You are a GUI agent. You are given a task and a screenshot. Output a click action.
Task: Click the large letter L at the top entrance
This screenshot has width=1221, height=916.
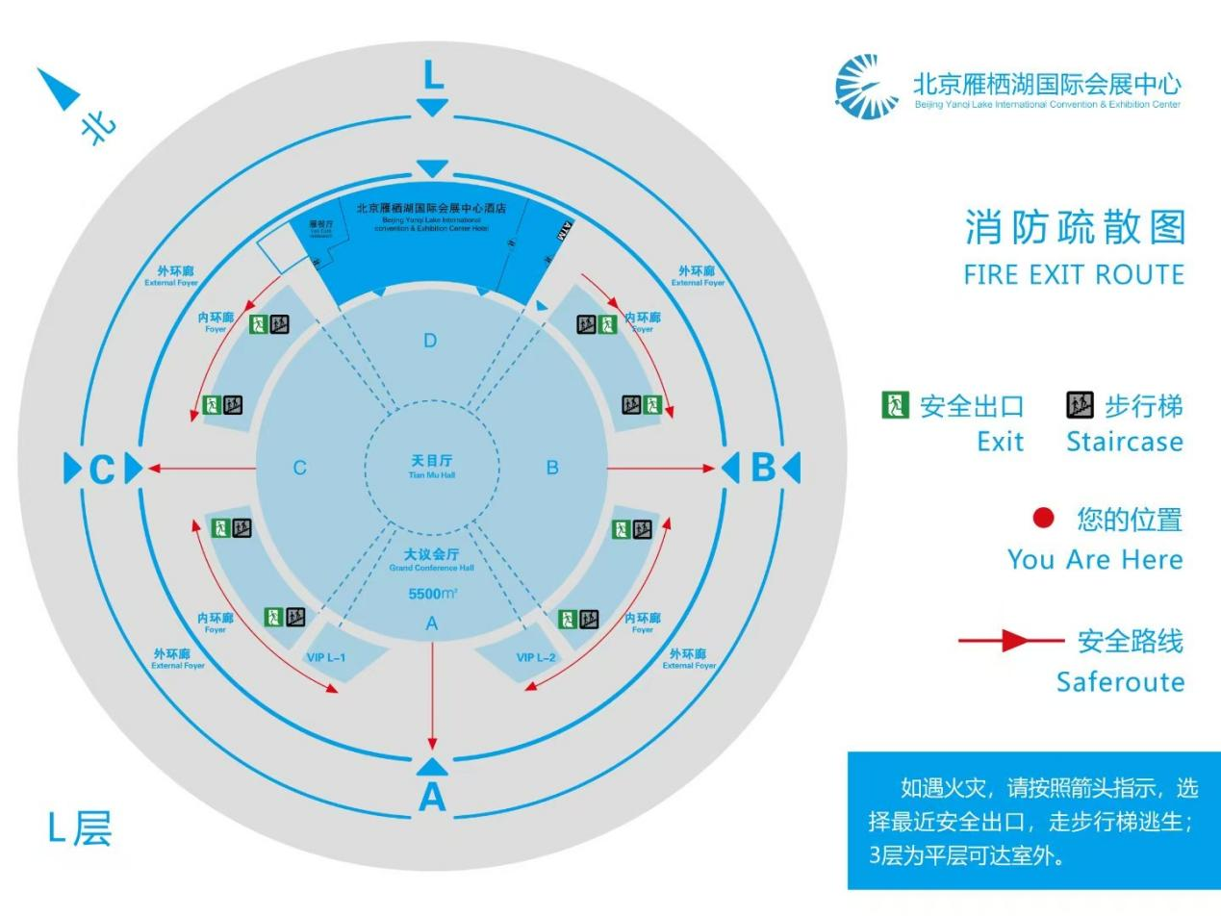[433, 75]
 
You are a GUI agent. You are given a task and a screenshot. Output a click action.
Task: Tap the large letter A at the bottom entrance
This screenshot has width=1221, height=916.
[432, 797]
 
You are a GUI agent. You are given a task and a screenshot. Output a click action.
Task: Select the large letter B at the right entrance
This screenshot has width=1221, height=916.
[762, 468]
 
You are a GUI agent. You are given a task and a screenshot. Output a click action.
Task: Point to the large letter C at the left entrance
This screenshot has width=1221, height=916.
[101, 470]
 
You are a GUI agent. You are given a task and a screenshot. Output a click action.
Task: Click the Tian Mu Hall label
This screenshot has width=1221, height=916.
[431, 466]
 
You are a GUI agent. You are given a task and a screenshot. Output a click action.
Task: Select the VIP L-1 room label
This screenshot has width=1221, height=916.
[325, 657]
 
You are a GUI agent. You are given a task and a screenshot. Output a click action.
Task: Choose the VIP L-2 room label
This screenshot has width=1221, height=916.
[536, 657]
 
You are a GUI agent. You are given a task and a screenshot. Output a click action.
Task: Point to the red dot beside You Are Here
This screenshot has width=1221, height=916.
[1043, 520]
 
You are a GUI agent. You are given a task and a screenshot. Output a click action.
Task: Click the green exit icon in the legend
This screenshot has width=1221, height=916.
[895, 405]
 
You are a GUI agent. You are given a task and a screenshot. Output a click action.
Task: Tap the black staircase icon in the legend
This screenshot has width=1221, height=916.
[1080, 405]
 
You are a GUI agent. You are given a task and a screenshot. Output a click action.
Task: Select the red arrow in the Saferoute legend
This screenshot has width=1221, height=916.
[1010, 641]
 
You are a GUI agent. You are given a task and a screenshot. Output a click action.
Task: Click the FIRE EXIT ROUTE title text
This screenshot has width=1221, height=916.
[1073, 275]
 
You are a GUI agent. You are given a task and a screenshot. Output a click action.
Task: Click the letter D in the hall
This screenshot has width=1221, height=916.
[430, 341]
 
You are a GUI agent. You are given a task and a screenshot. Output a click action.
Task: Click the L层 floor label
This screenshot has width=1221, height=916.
[80, 828]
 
